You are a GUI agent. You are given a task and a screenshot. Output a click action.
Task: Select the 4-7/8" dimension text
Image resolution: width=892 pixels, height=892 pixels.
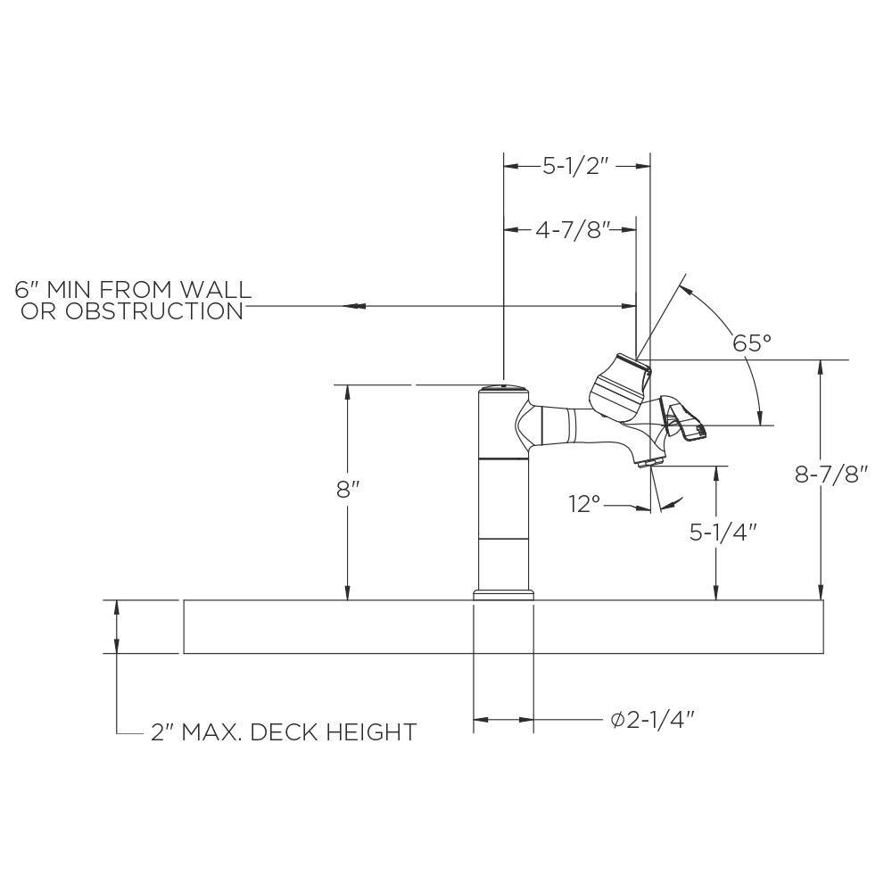(572, 230)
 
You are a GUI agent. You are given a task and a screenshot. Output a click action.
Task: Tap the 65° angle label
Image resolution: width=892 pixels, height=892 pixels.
(751, 343)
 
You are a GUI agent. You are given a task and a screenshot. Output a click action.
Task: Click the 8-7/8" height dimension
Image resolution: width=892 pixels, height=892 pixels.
(831, 475)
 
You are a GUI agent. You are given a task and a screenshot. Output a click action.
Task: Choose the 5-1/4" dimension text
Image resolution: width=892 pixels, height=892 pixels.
(723, 532)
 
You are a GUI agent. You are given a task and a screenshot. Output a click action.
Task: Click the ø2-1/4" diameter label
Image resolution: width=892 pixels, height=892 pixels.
(652, 720)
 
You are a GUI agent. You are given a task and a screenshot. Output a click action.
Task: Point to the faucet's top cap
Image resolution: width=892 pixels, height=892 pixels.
(503, 389)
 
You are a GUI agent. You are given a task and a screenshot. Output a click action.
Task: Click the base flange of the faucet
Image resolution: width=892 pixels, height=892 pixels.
(503, 594)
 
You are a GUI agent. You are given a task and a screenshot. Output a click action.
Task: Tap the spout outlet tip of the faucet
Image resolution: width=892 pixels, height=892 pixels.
(650, 461)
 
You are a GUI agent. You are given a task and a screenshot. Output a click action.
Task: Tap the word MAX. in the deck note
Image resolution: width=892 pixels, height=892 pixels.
(211, 733)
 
